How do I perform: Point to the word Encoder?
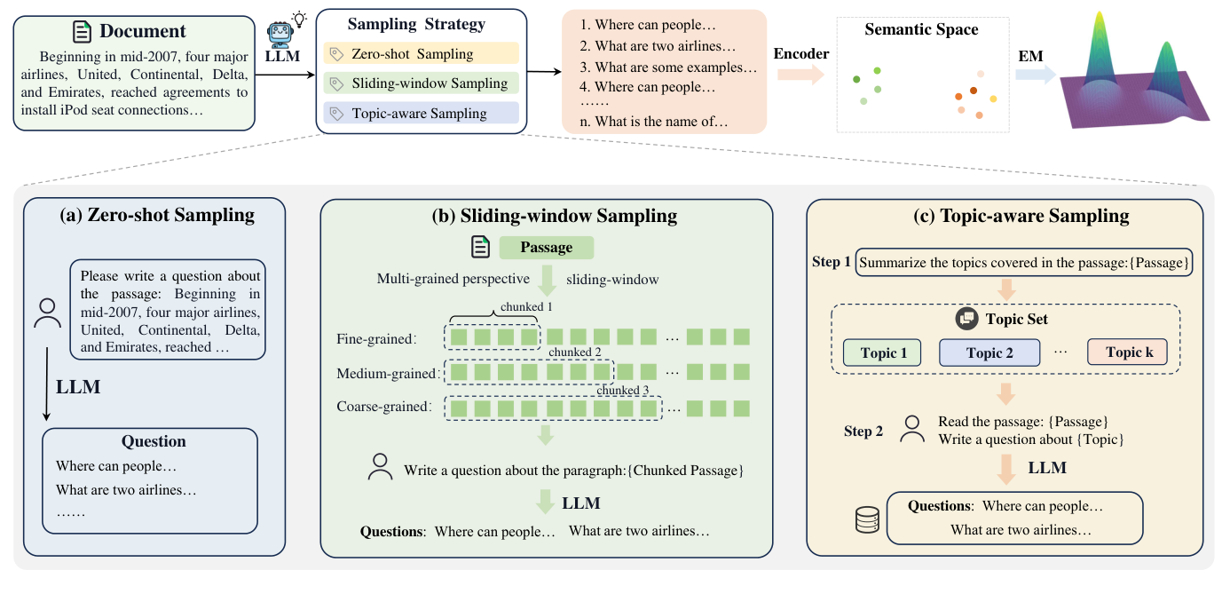pyautogui.click(x=800, y=54)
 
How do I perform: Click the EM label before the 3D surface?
pyautogui.click(x=1029, y=56)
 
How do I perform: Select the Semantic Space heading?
pyautogui.click(x=921, y=29)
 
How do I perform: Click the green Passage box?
pyautogui.click(x=546, y=248)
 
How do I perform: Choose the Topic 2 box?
pyautogui.click(x=989, y=352)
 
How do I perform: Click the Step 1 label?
pyautogui.click(x=831, y=263)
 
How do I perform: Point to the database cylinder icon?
pyautogui.click(x=866, y=520)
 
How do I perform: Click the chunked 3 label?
pyautogui.click(x=624, y=391)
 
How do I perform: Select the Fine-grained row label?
pyautogui.click(x=376, y=338)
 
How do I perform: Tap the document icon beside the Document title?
pyautogui.click(x=82, y=31)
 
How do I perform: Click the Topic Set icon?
pyautogui.click(x=965, y=319)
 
